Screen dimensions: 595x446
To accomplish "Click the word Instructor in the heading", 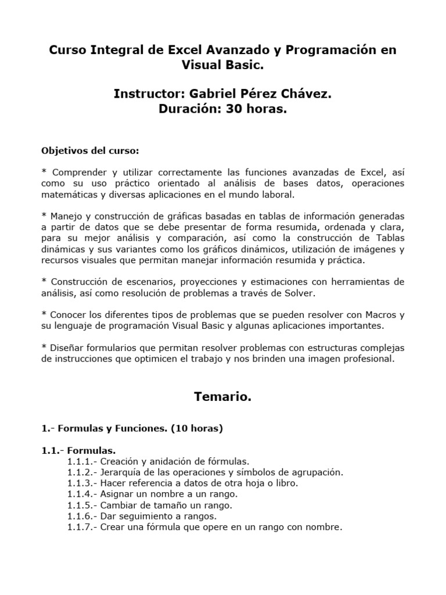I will pyautogui.click(x=148, y=94).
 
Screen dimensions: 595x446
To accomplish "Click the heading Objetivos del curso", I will pyautogui.click(x=90, y=150).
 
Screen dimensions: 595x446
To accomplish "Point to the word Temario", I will pyautogui.click(x=222, y=397).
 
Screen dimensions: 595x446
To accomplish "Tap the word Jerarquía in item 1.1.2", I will pyautogui.click(x=121, y=472).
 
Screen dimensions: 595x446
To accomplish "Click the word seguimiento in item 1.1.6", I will pyautogui.click(x=145, y=517).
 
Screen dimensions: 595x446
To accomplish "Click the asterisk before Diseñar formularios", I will pyautogui.click(x=44, y=347).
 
